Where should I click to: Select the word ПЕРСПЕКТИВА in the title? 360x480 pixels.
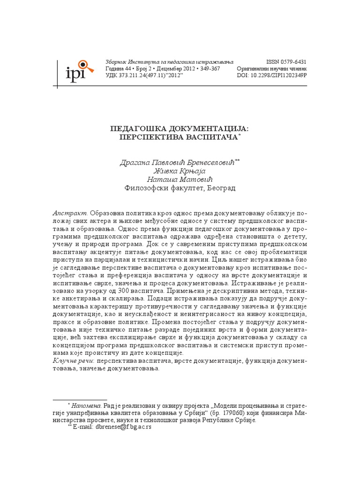pyautogui.click(x=152, y=137)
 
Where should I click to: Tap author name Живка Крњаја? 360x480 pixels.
pyautogui.click(x=180, y=171)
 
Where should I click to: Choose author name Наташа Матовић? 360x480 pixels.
pyautogui.click(x=180, y=180)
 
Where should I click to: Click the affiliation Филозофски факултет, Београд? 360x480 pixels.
pyautogui.click(x=180, y=188)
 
